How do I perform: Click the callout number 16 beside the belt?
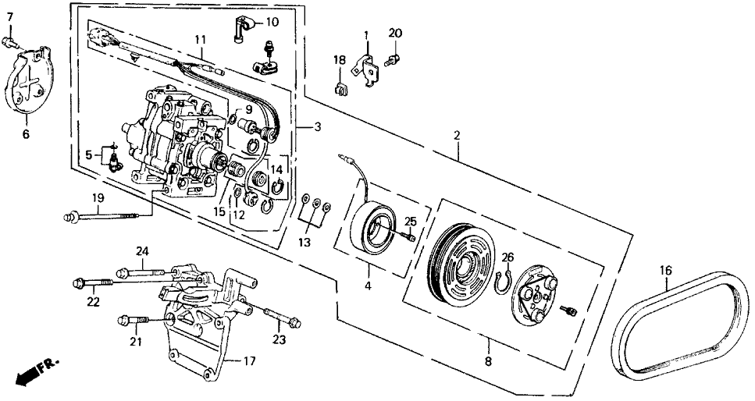coord(665,271)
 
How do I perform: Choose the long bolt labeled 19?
coord(109,215)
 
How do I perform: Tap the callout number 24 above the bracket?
coord(142,251)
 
